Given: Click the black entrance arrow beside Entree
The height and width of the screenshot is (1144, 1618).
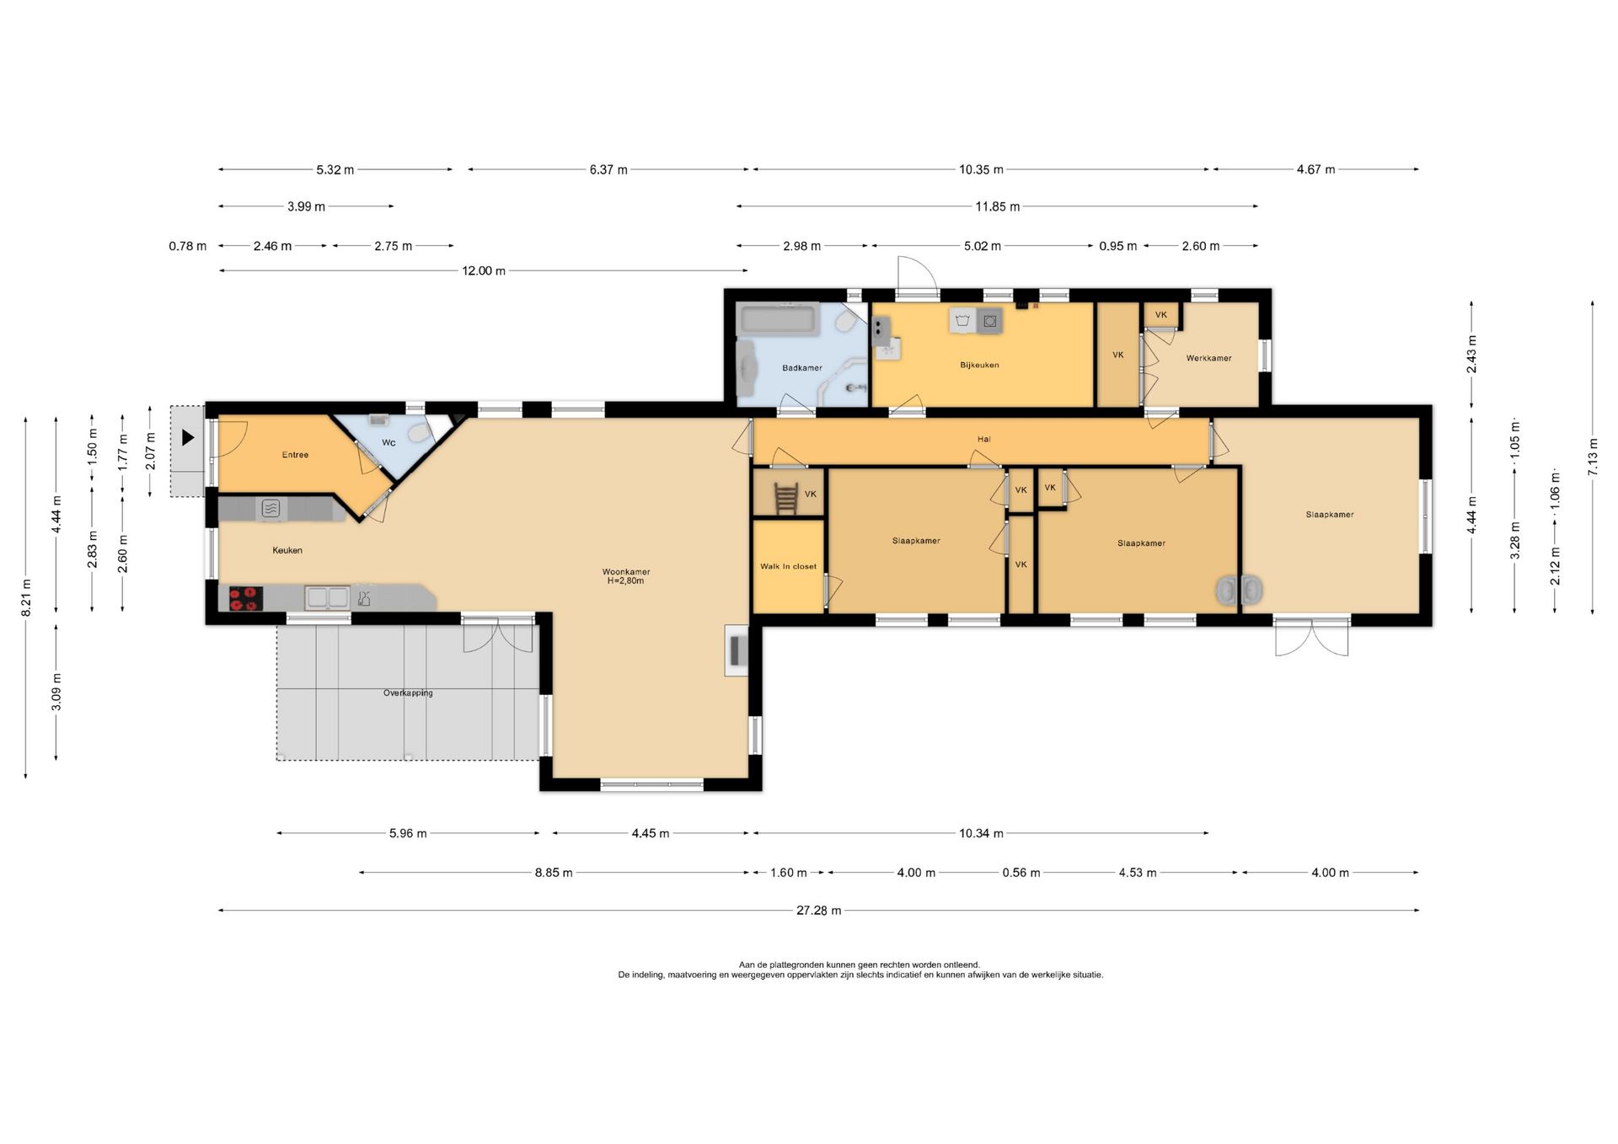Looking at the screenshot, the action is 188,438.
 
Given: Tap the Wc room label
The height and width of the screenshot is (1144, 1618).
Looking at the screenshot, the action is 388,442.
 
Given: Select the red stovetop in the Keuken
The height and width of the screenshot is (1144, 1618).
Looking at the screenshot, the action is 246,598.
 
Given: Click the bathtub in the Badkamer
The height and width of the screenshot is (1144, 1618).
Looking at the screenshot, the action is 777,320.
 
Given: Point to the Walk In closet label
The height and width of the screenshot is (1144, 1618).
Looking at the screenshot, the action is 788,566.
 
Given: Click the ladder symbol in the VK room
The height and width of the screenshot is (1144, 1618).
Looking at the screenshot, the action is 785,497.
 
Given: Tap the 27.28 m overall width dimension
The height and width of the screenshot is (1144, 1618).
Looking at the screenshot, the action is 818,911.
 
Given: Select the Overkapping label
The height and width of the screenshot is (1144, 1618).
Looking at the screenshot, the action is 408,692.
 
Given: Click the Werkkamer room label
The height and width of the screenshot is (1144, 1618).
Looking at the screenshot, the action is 1208,358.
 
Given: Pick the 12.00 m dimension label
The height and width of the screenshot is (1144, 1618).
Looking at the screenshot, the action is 483,271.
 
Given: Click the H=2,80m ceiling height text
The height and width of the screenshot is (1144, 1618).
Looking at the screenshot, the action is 625,580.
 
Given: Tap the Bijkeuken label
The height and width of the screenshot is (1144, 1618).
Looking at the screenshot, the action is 979,365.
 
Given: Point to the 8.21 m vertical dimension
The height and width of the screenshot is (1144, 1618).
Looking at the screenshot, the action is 26,597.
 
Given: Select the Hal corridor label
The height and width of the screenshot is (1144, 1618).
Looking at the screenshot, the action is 983,439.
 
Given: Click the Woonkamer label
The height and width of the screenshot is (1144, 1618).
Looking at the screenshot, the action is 626,571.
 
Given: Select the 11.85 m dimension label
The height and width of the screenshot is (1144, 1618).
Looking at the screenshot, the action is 998,206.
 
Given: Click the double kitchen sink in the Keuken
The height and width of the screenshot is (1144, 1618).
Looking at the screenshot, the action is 328,597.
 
